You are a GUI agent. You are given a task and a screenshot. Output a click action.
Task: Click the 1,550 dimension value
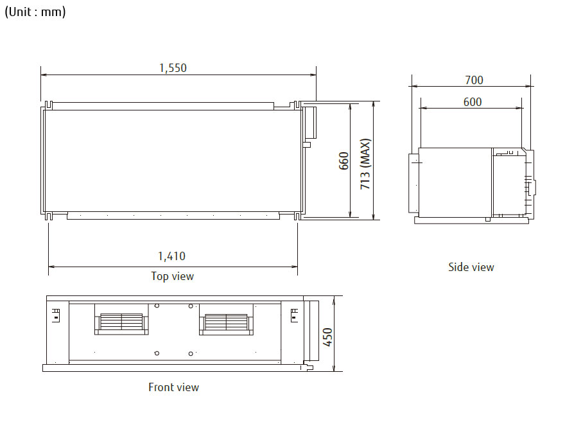click(x=173, y=68)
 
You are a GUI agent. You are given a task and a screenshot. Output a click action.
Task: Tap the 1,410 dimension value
click(x=171, y=256)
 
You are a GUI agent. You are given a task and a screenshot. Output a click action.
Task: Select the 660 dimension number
click(x=344, y=161)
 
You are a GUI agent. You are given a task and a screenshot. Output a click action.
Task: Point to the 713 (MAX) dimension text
click(x=365, y=164)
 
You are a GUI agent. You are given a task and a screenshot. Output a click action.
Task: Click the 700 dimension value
click(x=474, y=80)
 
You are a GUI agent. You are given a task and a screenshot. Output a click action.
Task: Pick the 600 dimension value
click(x=473, y=102)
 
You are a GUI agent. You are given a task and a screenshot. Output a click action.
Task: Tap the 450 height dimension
click(x=327, y=337)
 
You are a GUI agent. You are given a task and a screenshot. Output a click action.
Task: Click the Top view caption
click(x=172, y=276)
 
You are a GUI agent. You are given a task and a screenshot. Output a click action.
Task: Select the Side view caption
click(x=471, y=267)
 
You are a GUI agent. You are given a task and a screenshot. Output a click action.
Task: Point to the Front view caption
click(x=174, y=387)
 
